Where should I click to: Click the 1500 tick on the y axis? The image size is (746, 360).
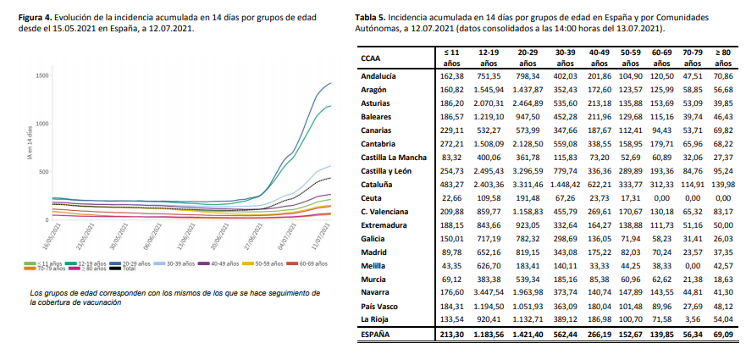[42, 76]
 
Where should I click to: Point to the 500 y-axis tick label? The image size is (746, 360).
[44, 172]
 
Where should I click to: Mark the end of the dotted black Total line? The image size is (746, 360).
[330, 178]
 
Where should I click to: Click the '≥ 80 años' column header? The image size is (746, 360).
[722, 58]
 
